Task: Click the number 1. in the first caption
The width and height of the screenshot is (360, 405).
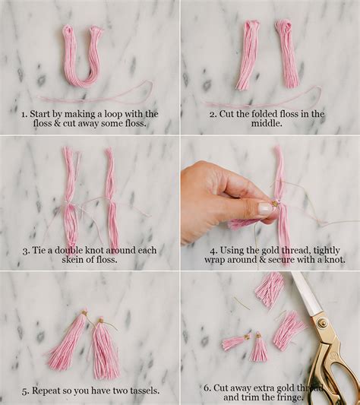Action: [24, 114]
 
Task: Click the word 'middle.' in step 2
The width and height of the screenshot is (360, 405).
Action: [267, 123]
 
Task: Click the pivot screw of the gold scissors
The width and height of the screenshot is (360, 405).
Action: [323, 323]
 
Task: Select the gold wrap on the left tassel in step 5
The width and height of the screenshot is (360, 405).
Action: [84, 313]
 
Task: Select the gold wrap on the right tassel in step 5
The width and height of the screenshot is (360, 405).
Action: [101, 321]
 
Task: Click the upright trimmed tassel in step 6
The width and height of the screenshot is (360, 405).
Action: [259, 348]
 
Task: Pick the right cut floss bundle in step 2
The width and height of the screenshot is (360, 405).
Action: [287, 54]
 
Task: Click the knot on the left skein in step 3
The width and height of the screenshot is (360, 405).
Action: [68, 204]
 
